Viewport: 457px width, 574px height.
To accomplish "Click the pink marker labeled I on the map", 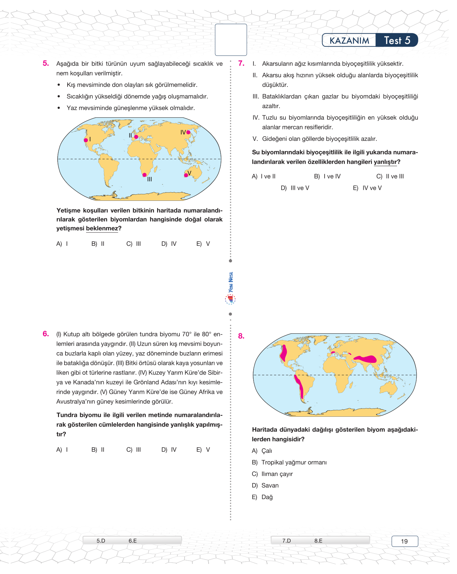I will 86,140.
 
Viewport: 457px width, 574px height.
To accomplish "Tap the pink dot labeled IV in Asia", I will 188,132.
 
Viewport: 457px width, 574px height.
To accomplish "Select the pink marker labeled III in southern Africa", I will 144,175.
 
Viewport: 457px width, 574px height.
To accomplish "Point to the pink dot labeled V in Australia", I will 186,175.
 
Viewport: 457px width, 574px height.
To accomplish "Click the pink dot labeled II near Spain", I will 136,137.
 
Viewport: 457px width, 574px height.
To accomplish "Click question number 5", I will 46,63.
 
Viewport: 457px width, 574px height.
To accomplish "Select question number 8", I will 241,336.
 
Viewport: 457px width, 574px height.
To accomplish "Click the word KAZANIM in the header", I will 349,41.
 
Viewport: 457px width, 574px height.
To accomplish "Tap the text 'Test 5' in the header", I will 397,41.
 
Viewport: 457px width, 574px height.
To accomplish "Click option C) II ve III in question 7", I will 390,176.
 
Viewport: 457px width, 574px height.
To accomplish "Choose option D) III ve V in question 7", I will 295,188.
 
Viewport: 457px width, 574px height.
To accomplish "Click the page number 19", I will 405,541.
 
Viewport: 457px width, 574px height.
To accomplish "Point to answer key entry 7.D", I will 286,541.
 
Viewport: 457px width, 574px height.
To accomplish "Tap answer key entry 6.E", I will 133,541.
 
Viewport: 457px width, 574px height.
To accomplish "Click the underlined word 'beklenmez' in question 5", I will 102,229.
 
